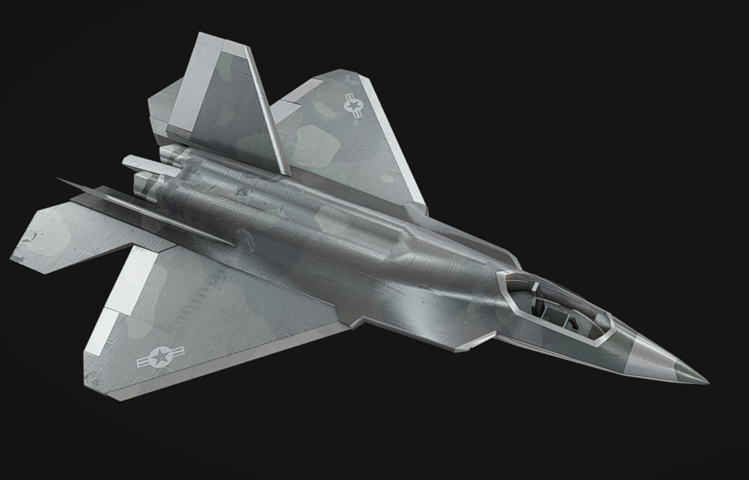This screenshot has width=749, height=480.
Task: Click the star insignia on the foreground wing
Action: (x=160, y=356)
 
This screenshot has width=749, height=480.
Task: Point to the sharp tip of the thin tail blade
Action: (x=59, y=180)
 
